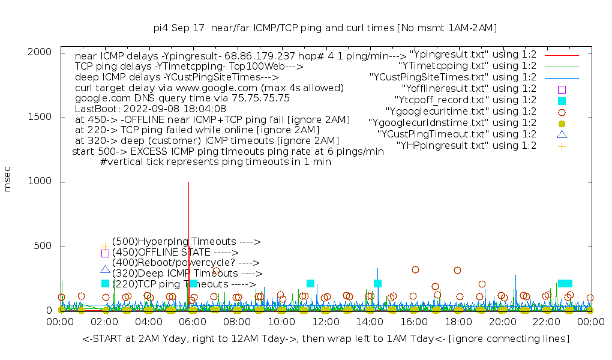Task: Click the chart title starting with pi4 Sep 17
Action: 325,28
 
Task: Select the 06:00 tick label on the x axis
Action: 193,323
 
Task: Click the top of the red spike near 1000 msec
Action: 189,182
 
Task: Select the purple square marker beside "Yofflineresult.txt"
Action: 562,89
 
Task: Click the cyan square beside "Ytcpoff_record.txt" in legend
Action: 562,100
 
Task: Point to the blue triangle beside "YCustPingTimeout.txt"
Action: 562,134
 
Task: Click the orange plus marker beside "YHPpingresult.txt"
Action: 562,146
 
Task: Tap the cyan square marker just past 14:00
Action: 377,284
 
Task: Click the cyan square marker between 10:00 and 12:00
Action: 310,284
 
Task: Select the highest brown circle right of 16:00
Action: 415,269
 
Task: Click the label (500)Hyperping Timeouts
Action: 186,242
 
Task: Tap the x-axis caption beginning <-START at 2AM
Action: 326,339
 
